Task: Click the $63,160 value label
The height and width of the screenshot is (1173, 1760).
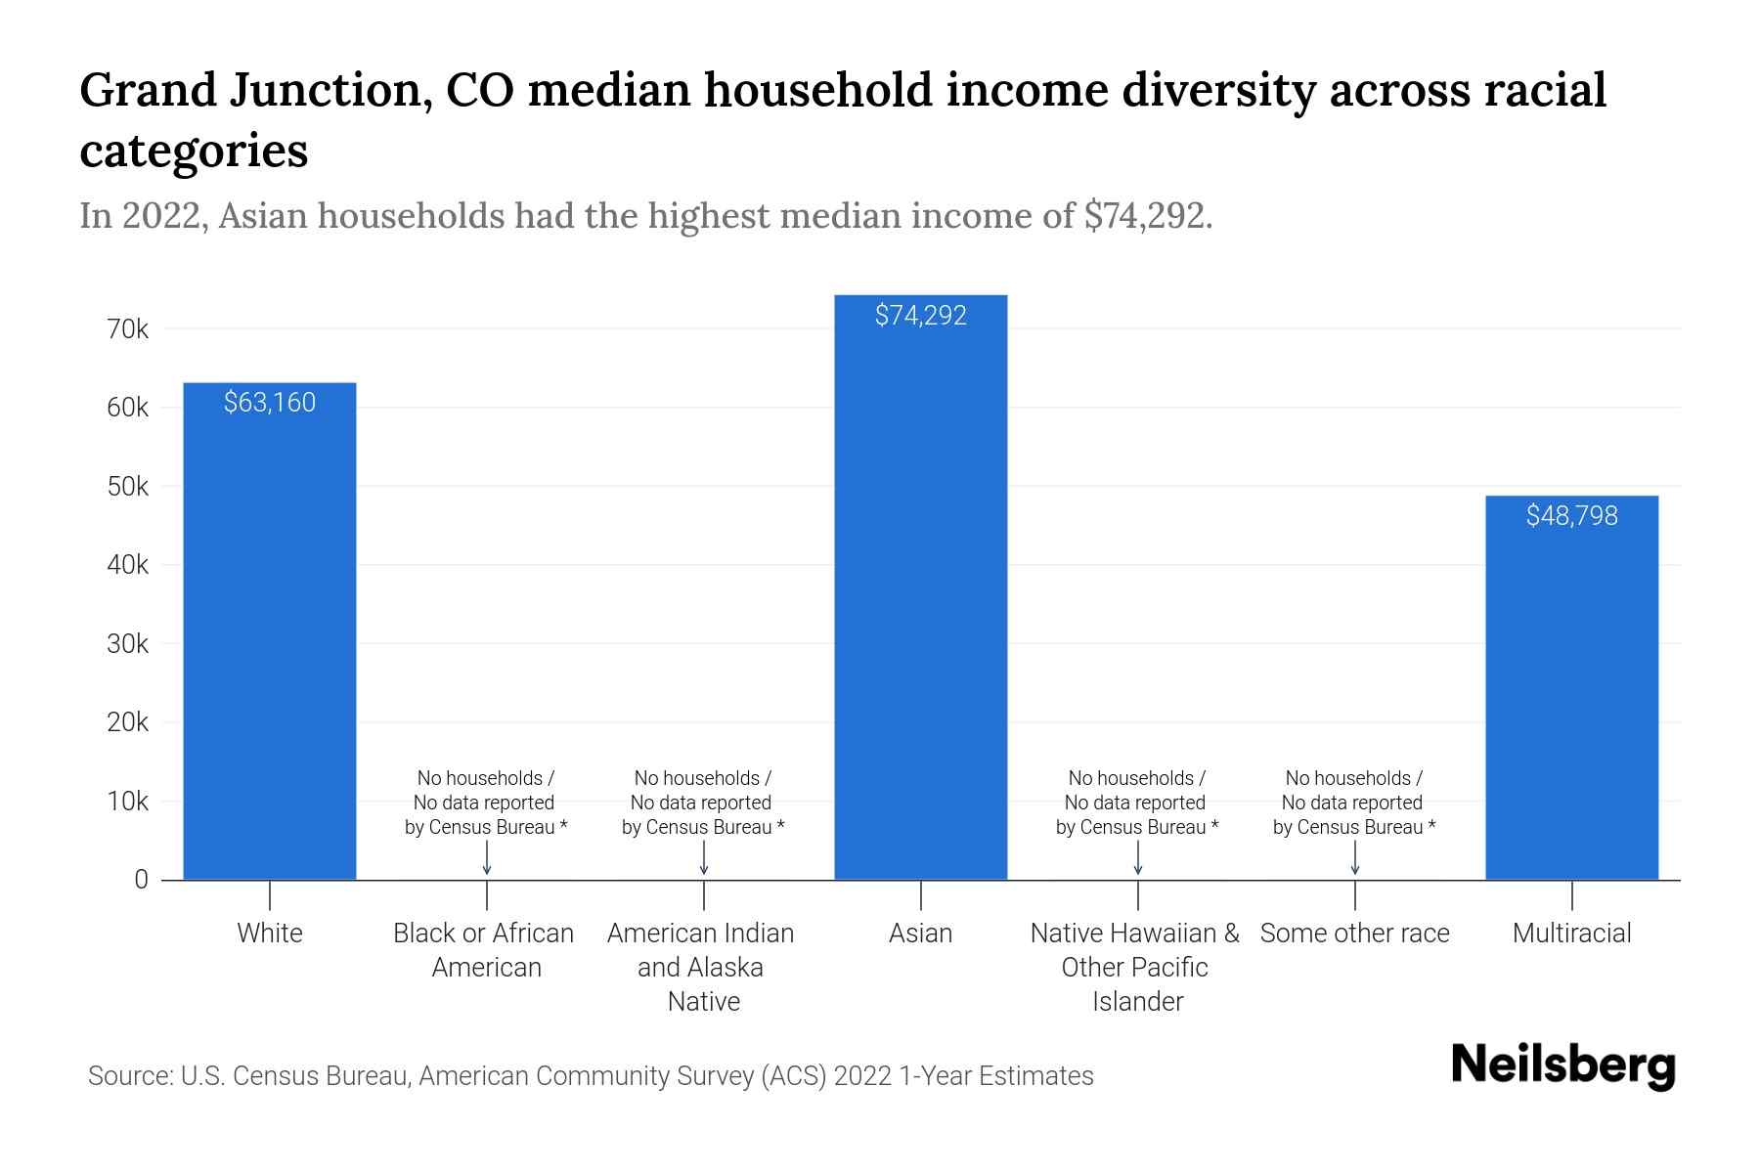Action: coord(270,403)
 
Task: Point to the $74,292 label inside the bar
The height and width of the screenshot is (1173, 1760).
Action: coord(920,316)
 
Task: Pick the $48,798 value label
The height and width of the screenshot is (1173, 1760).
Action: coord(1571,516)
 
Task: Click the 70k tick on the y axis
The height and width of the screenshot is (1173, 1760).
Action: coord(128,329)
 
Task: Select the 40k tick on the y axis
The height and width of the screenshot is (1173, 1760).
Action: coord(128,565)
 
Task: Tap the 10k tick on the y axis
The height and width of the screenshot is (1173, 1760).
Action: coord(128,802)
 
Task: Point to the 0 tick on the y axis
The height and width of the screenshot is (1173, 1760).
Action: coord(141,880)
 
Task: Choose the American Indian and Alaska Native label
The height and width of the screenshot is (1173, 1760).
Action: coord(701,967)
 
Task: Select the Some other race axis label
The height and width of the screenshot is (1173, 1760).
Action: coord(1354,934)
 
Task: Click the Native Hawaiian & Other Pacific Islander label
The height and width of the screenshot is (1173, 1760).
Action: coord(1135,967)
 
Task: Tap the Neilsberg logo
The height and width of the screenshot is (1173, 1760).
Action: coord(1563,1065)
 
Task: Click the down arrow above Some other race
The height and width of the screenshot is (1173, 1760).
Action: coord(1354,859)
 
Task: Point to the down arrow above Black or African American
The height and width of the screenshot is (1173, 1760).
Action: coord(487,859)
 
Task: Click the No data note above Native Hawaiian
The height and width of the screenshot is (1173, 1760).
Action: coord(1136,803)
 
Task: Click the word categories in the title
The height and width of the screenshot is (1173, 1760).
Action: coord(194,151)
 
